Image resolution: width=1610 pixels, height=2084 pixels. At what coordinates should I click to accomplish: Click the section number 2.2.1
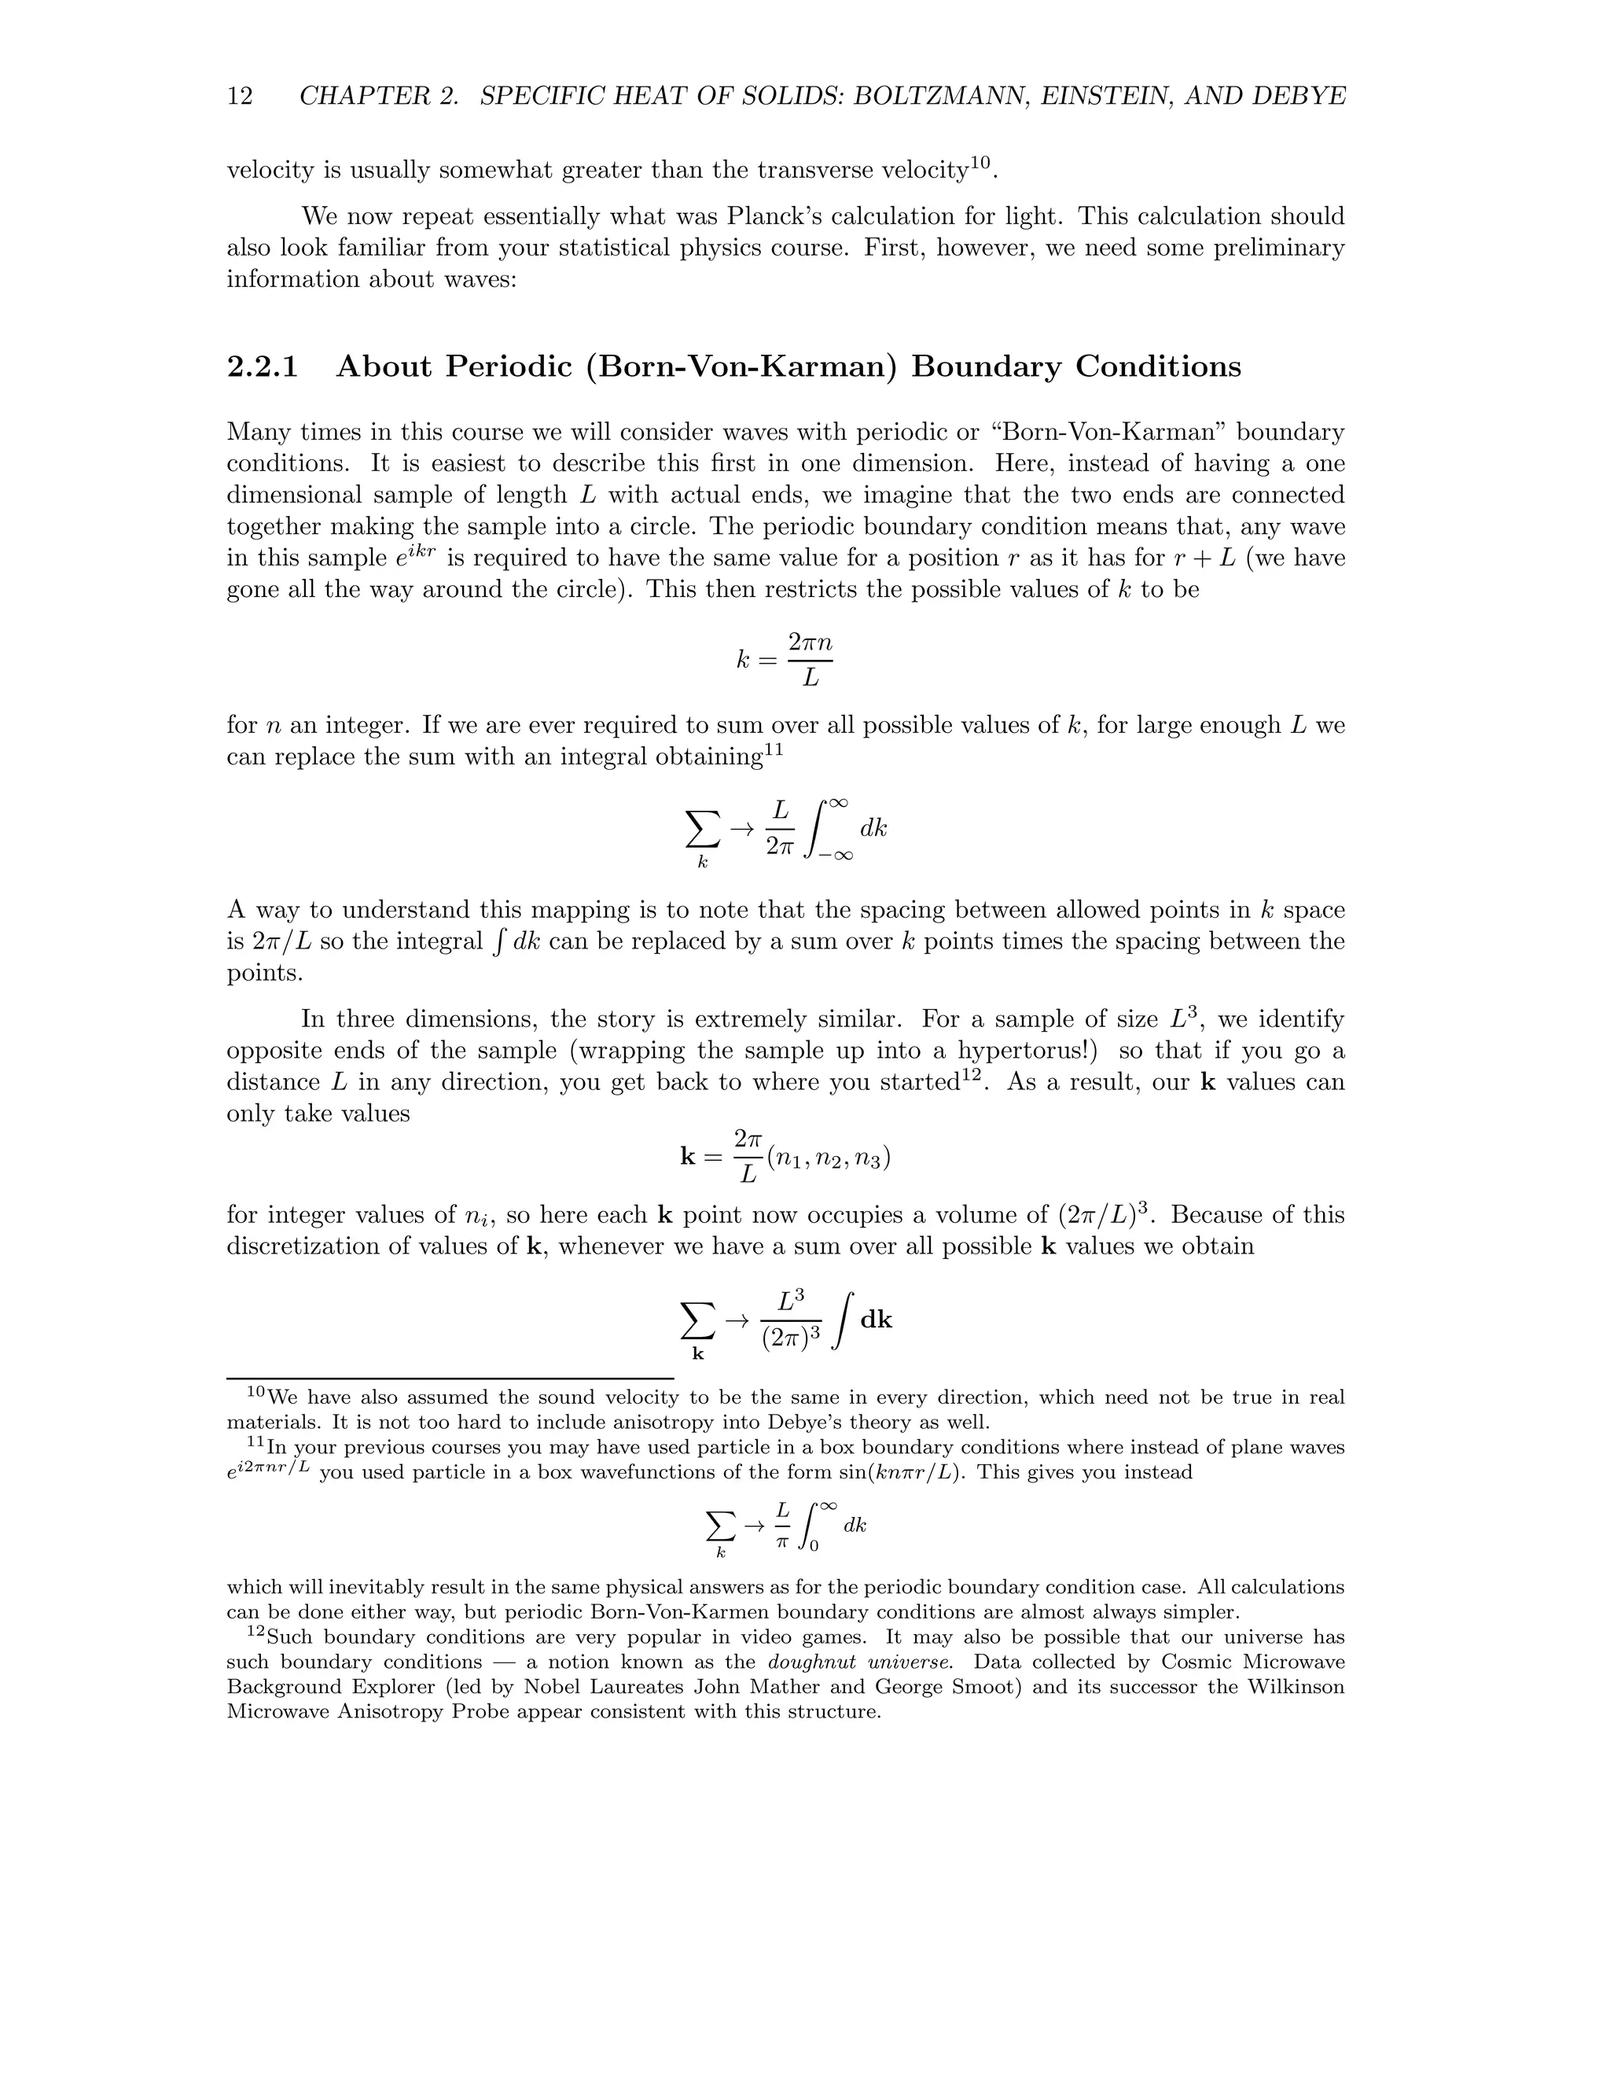click(x=263, y=366)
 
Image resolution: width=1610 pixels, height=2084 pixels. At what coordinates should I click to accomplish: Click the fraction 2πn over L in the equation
click(x=810, y=659)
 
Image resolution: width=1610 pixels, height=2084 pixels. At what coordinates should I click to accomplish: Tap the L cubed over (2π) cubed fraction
click(x=791, y=1320)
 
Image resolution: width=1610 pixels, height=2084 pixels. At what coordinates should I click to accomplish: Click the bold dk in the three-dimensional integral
click(x=876, y=1320)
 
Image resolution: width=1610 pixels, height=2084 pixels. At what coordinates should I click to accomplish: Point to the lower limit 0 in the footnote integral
click(x=814, y=1546)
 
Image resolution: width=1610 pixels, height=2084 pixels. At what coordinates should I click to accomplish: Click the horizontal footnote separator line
click(x=449, y=1379)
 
